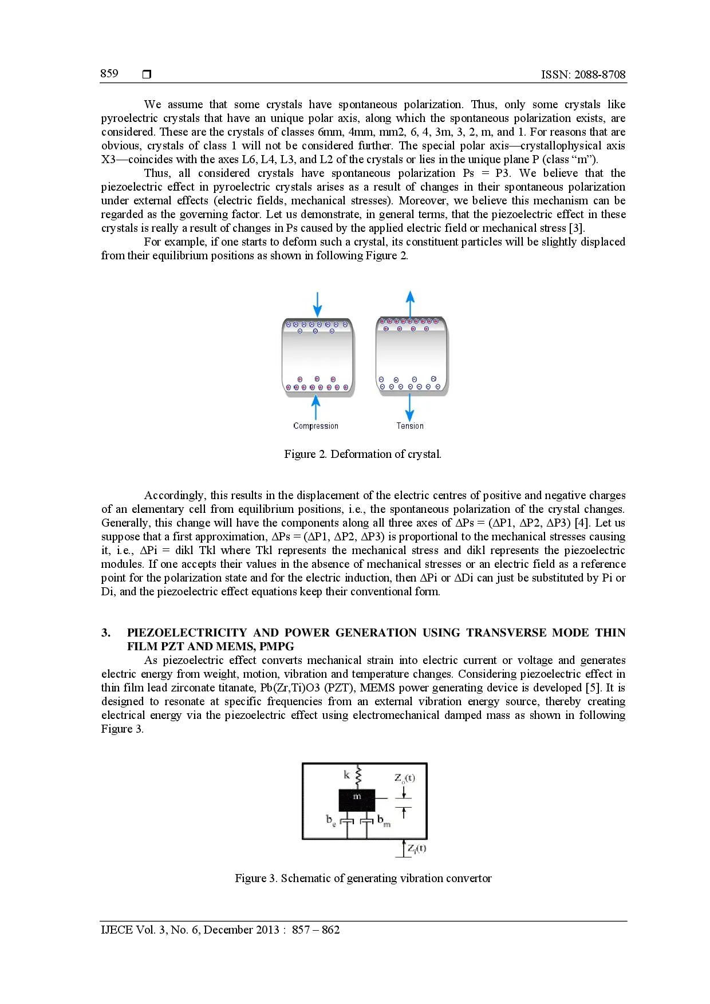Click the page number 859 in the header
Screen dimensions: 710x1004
(x=109, y=73)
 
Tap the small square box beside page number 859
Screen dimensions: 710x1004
(x=147, y=74)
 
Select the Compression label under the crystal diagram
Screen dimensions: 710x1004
(x=315, y=426)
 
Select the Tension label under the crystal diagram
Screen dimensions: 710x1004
(x=410, y=426)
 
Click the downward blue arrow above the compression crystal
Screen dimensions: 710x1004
(x=317, y=305)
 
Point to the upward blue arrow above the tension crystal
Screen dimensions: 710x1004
(x=410, y=303)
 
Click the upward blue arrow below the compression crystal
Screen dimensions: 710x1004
(x=315, y=408)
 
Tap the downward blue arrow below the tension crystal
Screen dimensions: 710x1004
(x=409, y=408)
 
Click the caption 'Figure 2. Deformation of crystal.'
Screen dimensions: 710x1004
(x=362, y=454)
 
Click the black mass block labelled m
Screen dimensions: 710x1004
(x=357, y=800)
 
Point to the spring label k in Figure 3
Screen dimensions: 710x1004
(x=346, y=774)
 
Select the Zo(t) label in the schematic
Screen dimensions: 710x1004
(x=404, y=778)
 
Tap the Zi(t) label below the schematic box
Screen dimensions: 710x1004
(x=416, y=848)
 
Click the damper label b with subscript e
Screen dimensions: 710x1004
(x=331, y=820)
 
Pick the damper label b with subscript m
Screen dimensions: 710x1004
(x=384, y=821)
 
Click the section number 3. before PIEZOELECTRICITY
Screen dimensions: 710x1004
(x=106, y=633)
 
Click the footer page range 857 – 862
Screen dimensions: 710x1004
(x=315, y=930)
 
